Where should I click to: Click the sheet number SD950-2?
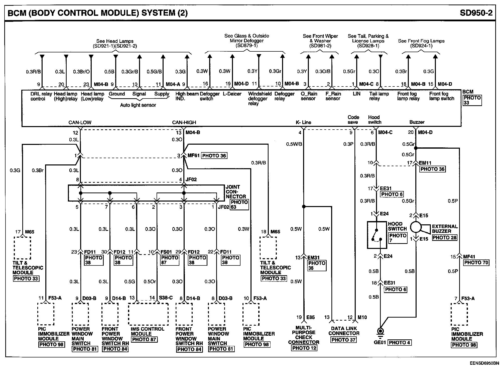[x=476, y=13]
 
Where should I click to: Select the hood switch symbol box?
[x=377, y=235]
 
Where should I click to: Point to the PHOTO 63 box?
[x=239, y=205]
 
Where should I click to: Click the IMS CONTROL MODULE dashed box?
[x=148, y=314]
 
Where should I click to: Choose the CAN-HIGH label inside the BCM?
[x=184, y=122]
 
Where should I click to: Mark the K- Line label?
[x=303, y=122]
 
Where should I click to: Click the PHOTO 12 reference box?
[x=304, y=348]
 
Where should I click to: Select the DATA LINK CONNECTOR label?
[x=344, y=331]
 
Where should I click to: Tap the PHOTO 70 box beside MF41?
[x=476, y=262]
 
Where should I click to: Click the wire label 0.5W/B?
[x=294, y=144]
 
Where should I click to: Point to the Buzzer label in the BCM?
[x=417, y=122]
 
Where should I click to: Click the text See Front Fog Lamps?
[x=421, y=41]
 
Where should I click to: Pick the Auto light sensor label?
[x=138, y=105]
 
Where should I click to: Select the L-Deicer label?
[x=232, y=94]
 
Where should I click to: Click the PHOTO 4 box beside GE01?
[x=399, y=343]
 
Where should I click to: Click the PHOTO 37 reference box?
[x=343, y=340]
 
